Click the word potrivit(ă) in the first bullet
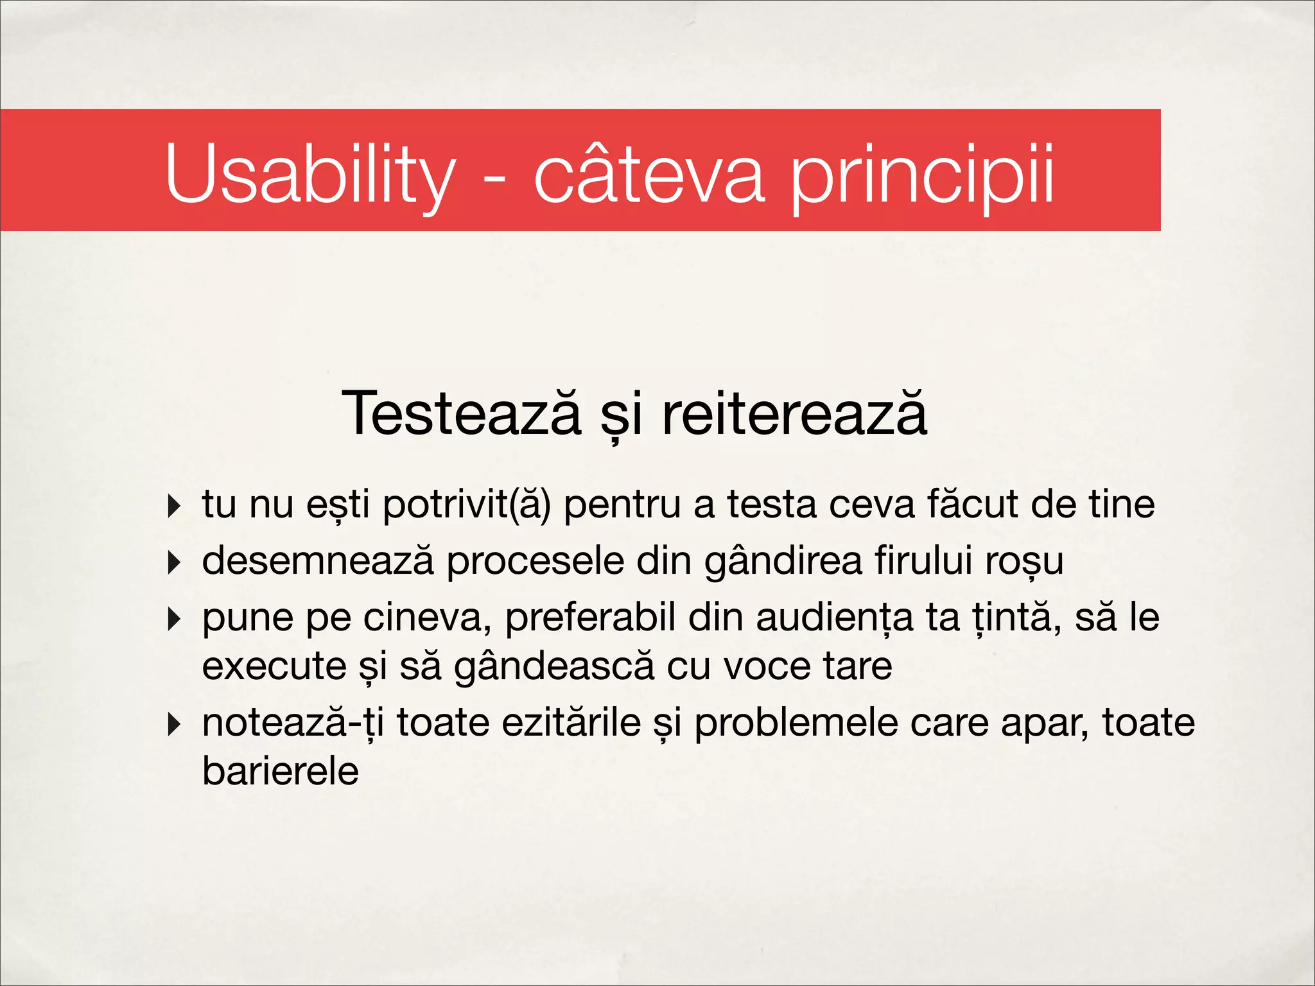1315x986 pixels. pos(467,505)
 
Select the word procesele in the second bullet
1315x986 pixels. pos(535,562)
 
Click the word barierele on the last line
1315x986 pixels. pos(280,771)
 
